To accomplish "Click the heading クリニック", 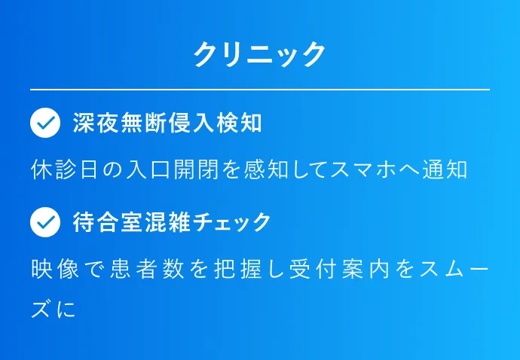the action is point(260,55).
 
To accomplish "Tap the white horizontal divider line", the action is point(260,90).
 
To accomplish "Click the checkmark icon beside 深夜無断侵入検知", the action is point(45,123).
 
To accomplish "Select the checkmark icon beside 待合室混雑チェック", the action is point(45,222).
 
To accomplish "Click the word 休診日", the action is point(64,169).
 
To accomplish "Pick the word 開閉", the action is point(196,169).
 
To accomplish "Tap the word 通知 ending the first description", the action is point(445,169).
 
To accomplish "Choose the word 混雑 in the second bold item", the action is point(168,222).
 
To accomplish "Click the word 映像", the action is point(55,269).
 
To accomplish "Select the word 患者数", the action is point(147,269).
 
